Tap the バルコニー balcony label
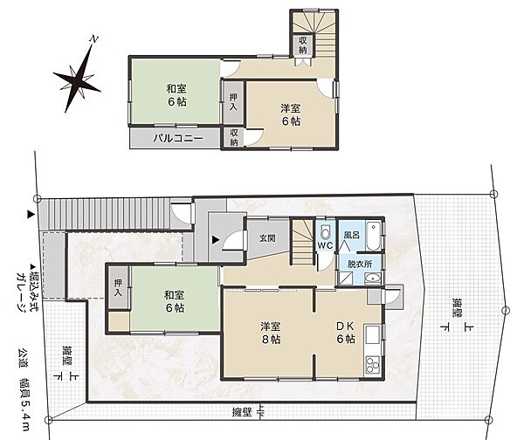pyautogui.click(x=178, y=138)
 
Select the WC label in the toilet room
pyautogui.click(x=325, y=245)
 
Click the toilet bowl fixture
pyautogui.click(x=325, y=231)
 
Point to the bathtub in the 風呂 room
pyautogui.click(x=373, y=236)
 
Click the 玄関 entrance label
pyautogui.click(x=268, y=237)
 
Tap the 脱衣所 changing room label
pyautogui.click(x=360, y=264)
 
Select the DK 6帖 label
pyautogui.click(x=346, y=333)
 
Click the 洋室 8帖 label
pyautogui.click(x=271, y=333)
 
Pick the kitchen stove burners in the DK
pyautogui.click(x=373, y=365)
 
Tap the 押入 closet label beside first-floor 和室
pyautogui.click(x=118, y=287)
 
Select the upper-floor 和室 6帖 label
pyautogui.click(x=176, y=95)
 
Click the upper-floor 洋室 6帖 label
pyautogui.click(x=291, y=114)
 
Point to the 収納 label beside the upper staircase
pyautogui.click(x=303, y=45)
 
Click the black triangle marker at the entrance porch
pyautogui.click(x=217, y=239)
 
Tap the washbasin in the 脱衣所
pyautogui.click(x=373, y=278)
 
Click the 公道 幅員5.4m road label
pyautogui.click(x=24, y=390)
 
